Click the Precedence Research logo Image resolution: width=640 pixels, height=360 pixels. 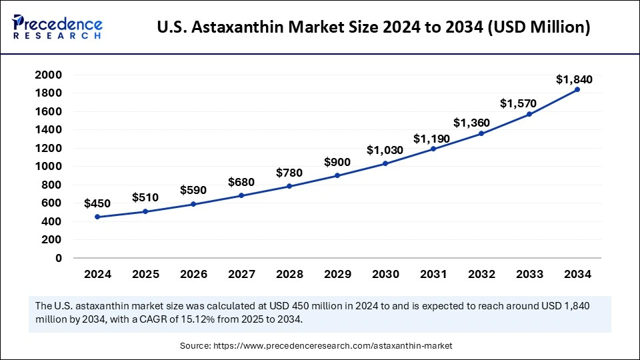tap(57, 27)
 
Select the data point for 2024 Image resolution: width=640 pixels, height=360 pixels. tap(97, 217)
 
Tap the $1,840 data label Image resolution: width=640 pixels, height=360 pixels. tap(574, 80)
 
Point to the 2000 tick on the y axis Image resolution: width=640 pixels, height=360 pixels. tap(49, 75)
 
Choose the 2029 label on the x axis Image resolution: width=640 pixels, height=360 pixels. tap(337, 274)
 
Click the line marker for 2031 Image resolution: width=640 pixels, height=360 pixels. tap(433, 149)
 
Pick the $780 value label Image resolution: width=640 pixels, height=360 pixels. tap(289, 173)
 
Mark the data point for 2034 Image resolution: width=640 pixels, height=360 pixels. tap(577, 89)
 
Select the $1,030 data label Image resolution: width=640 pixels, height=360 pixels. tap(385, 151)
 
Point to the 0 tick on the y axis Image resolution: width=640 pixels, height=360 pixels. tap(59, 258)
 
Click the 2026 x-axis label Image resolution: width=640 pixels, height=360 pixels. tap(193, 274)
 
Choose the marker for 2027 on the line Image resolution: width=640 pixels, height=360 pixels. tap(241, 195)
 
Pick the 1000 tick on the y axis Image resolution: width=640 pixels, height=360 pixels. tap(49, 166)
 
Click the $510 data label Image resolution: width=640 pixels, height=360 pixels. tap(146, 197)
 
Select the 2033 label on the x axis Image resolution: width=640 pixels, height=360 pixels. tap(529, 274)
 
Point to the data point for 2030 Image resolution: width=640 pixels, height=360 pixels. tap(385, 163)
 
